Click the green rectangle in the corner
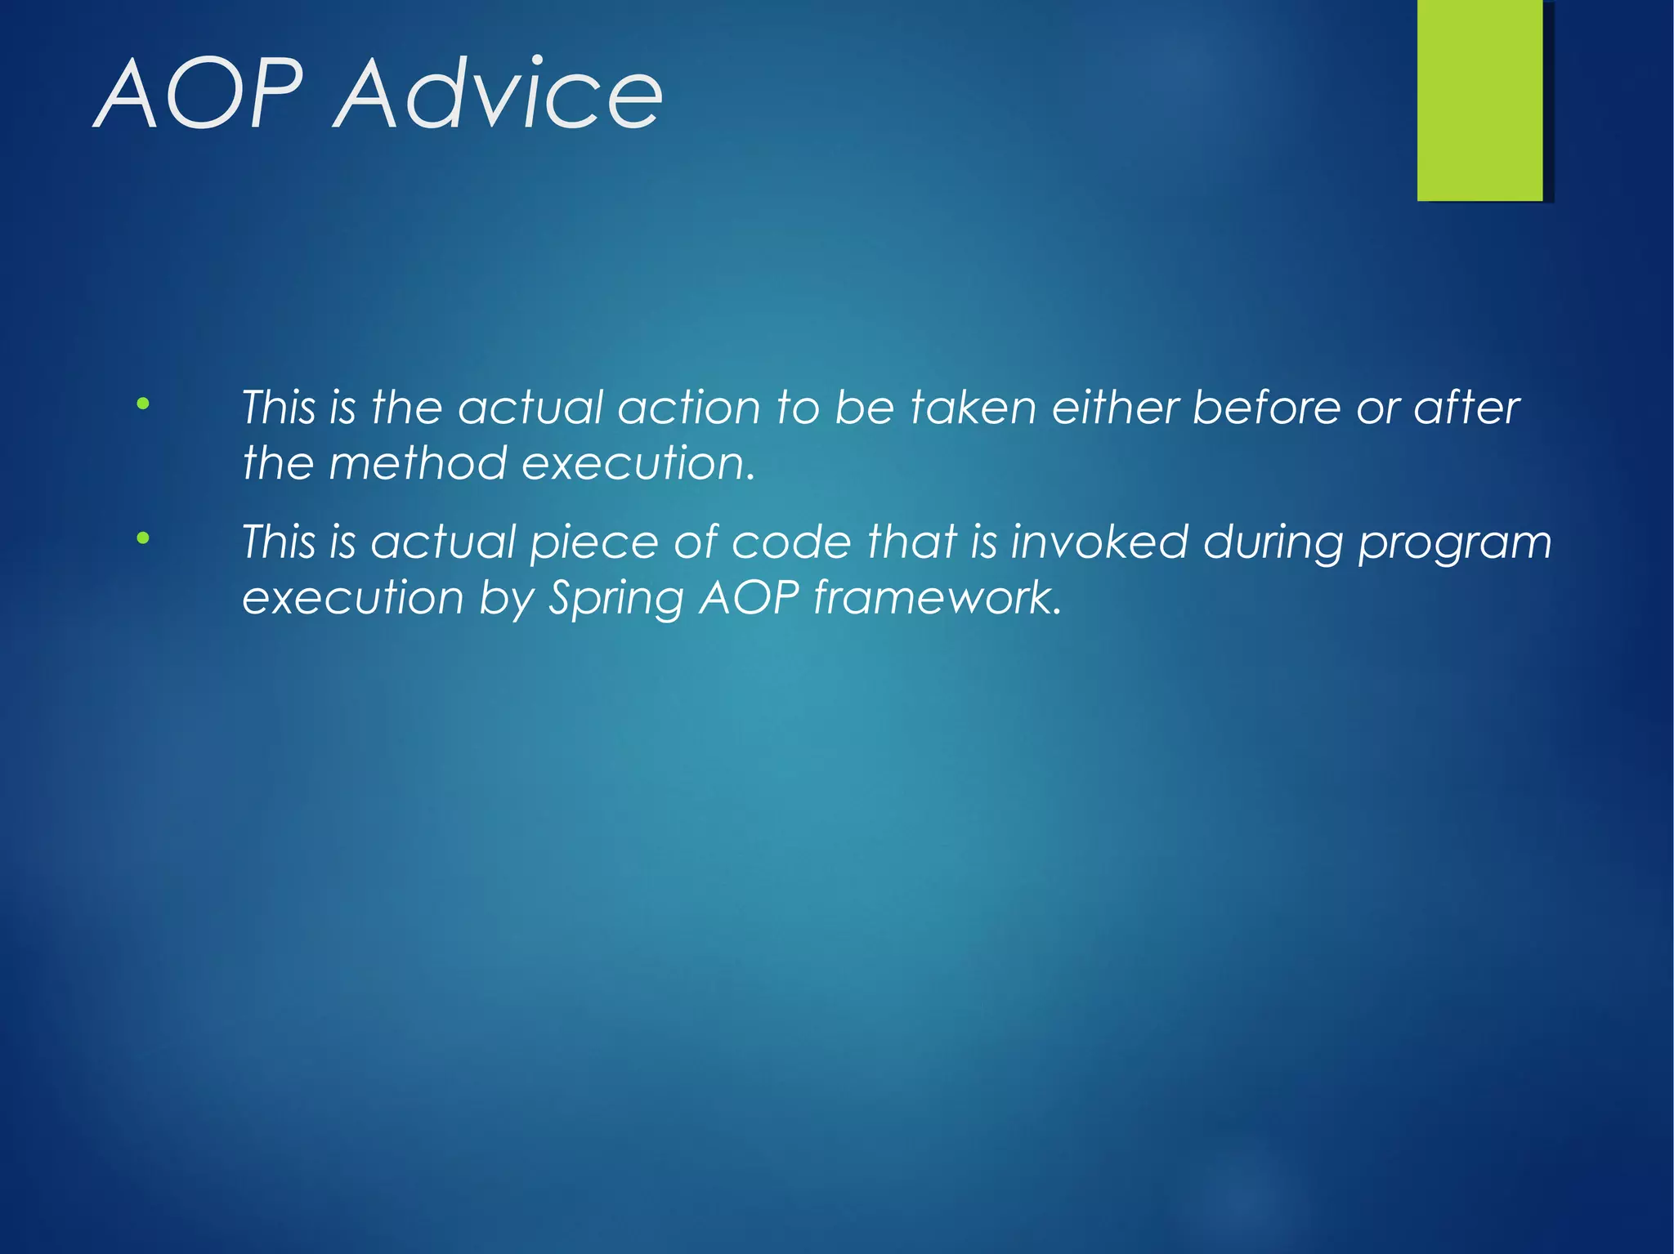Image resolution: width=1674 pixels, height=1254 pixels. [x=1479, y=100]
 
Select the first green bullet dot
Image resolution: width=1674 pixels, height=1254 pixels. [x=143, y=404]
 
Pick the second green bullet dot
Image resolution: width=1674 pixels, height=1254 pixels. [x=143, y=538]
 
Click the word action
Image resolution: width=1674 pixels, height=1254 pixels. [x=689, y=408]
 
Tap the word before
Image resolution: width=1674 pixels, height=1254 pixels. [x=1266, y=408]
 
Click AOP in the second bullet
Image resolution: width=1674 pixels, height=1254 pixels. [x=749, y=598]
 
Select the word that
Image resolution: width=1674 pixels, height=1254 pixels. [x=911, y=542]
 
